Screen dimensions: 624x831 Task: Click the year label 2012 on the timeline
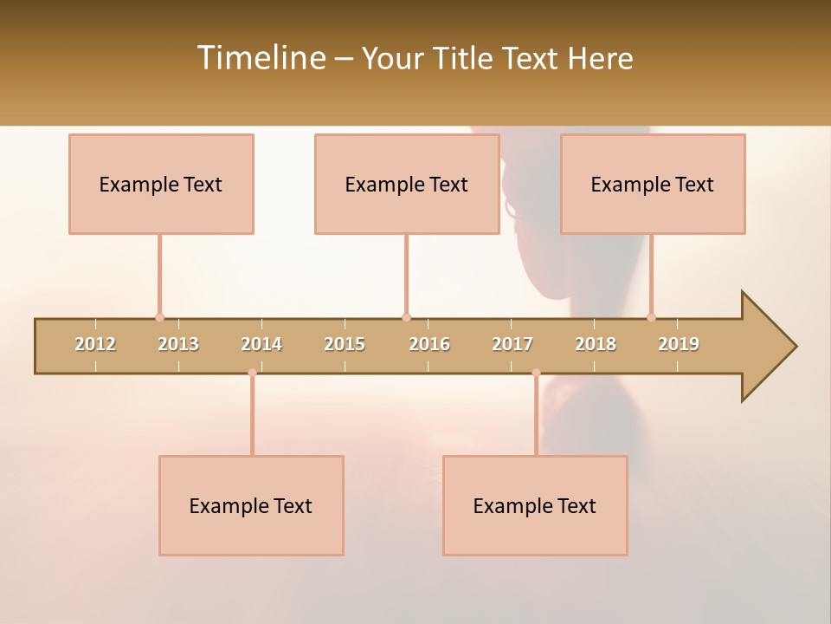click(x=95, y=345)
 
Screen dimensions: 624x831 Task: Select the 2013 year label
click(x=178, y=345)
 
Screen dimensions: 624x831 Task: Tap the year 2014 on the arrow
click(x=261, y=345)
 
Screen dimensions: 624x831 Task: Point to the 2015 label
click(x=345, y=345)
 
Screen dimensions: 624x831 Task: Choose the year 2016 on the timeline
click(x=429, y=345)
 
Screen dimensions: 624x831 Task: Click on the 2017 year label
click(x=512, y=345)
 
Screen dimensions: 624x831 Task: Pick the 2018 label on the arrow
click(x=596, y=345)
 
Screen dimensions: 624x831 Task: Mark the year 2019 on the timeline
click(x=679, y=345)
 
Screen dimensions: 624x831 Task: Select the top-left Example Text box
click(x=161, y=185)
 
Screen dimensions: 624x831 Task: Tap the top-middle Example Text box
click(x=407, y=185)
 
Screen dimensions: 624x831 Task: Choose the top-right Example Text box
click(x=653, y=185)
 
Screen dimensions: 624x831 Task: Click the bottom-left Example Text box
click(x=251, y=506)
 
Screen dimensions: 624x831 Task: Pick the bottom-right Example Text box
click(x=535, y=506)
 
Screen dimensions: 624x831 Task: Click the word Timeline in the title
click(x=260, y=58)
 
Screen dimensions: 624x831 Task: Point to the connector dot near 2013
click(x=159, y=317)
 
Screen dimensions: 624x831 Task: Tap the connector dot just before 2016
click(x=406, y=317)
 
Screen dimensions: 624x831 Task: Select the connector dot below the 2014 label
click(x=252, y=373)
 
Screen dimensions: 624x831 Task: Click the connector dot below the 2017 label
click(x=536, y=373)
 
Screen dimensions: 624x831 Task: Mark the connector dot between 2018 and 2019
click(x=651, y=317)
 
